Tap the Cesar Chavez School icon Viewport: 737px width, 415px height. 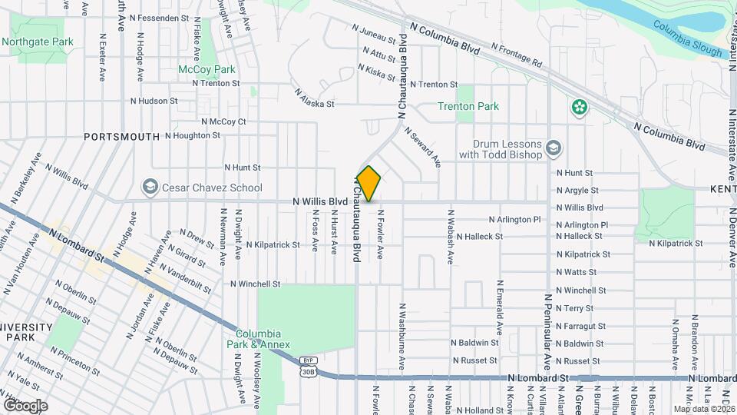150,188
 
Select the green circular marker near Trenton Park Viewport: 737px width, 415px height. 579,108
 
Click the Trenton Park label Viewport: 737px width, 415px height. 468,107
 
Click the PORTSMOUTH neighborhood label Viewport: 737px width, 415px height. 123,137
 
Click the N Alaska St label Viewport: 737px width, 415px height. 315,97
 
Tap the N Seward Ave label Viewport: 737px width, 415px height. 422,147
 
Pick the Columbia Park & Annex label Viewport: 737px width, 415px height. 263,339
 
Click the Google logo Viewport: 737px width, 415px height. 25,405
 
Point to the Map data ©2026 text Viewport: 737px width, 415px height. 703,409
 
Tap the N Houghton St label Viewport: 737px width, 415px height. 190,134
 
